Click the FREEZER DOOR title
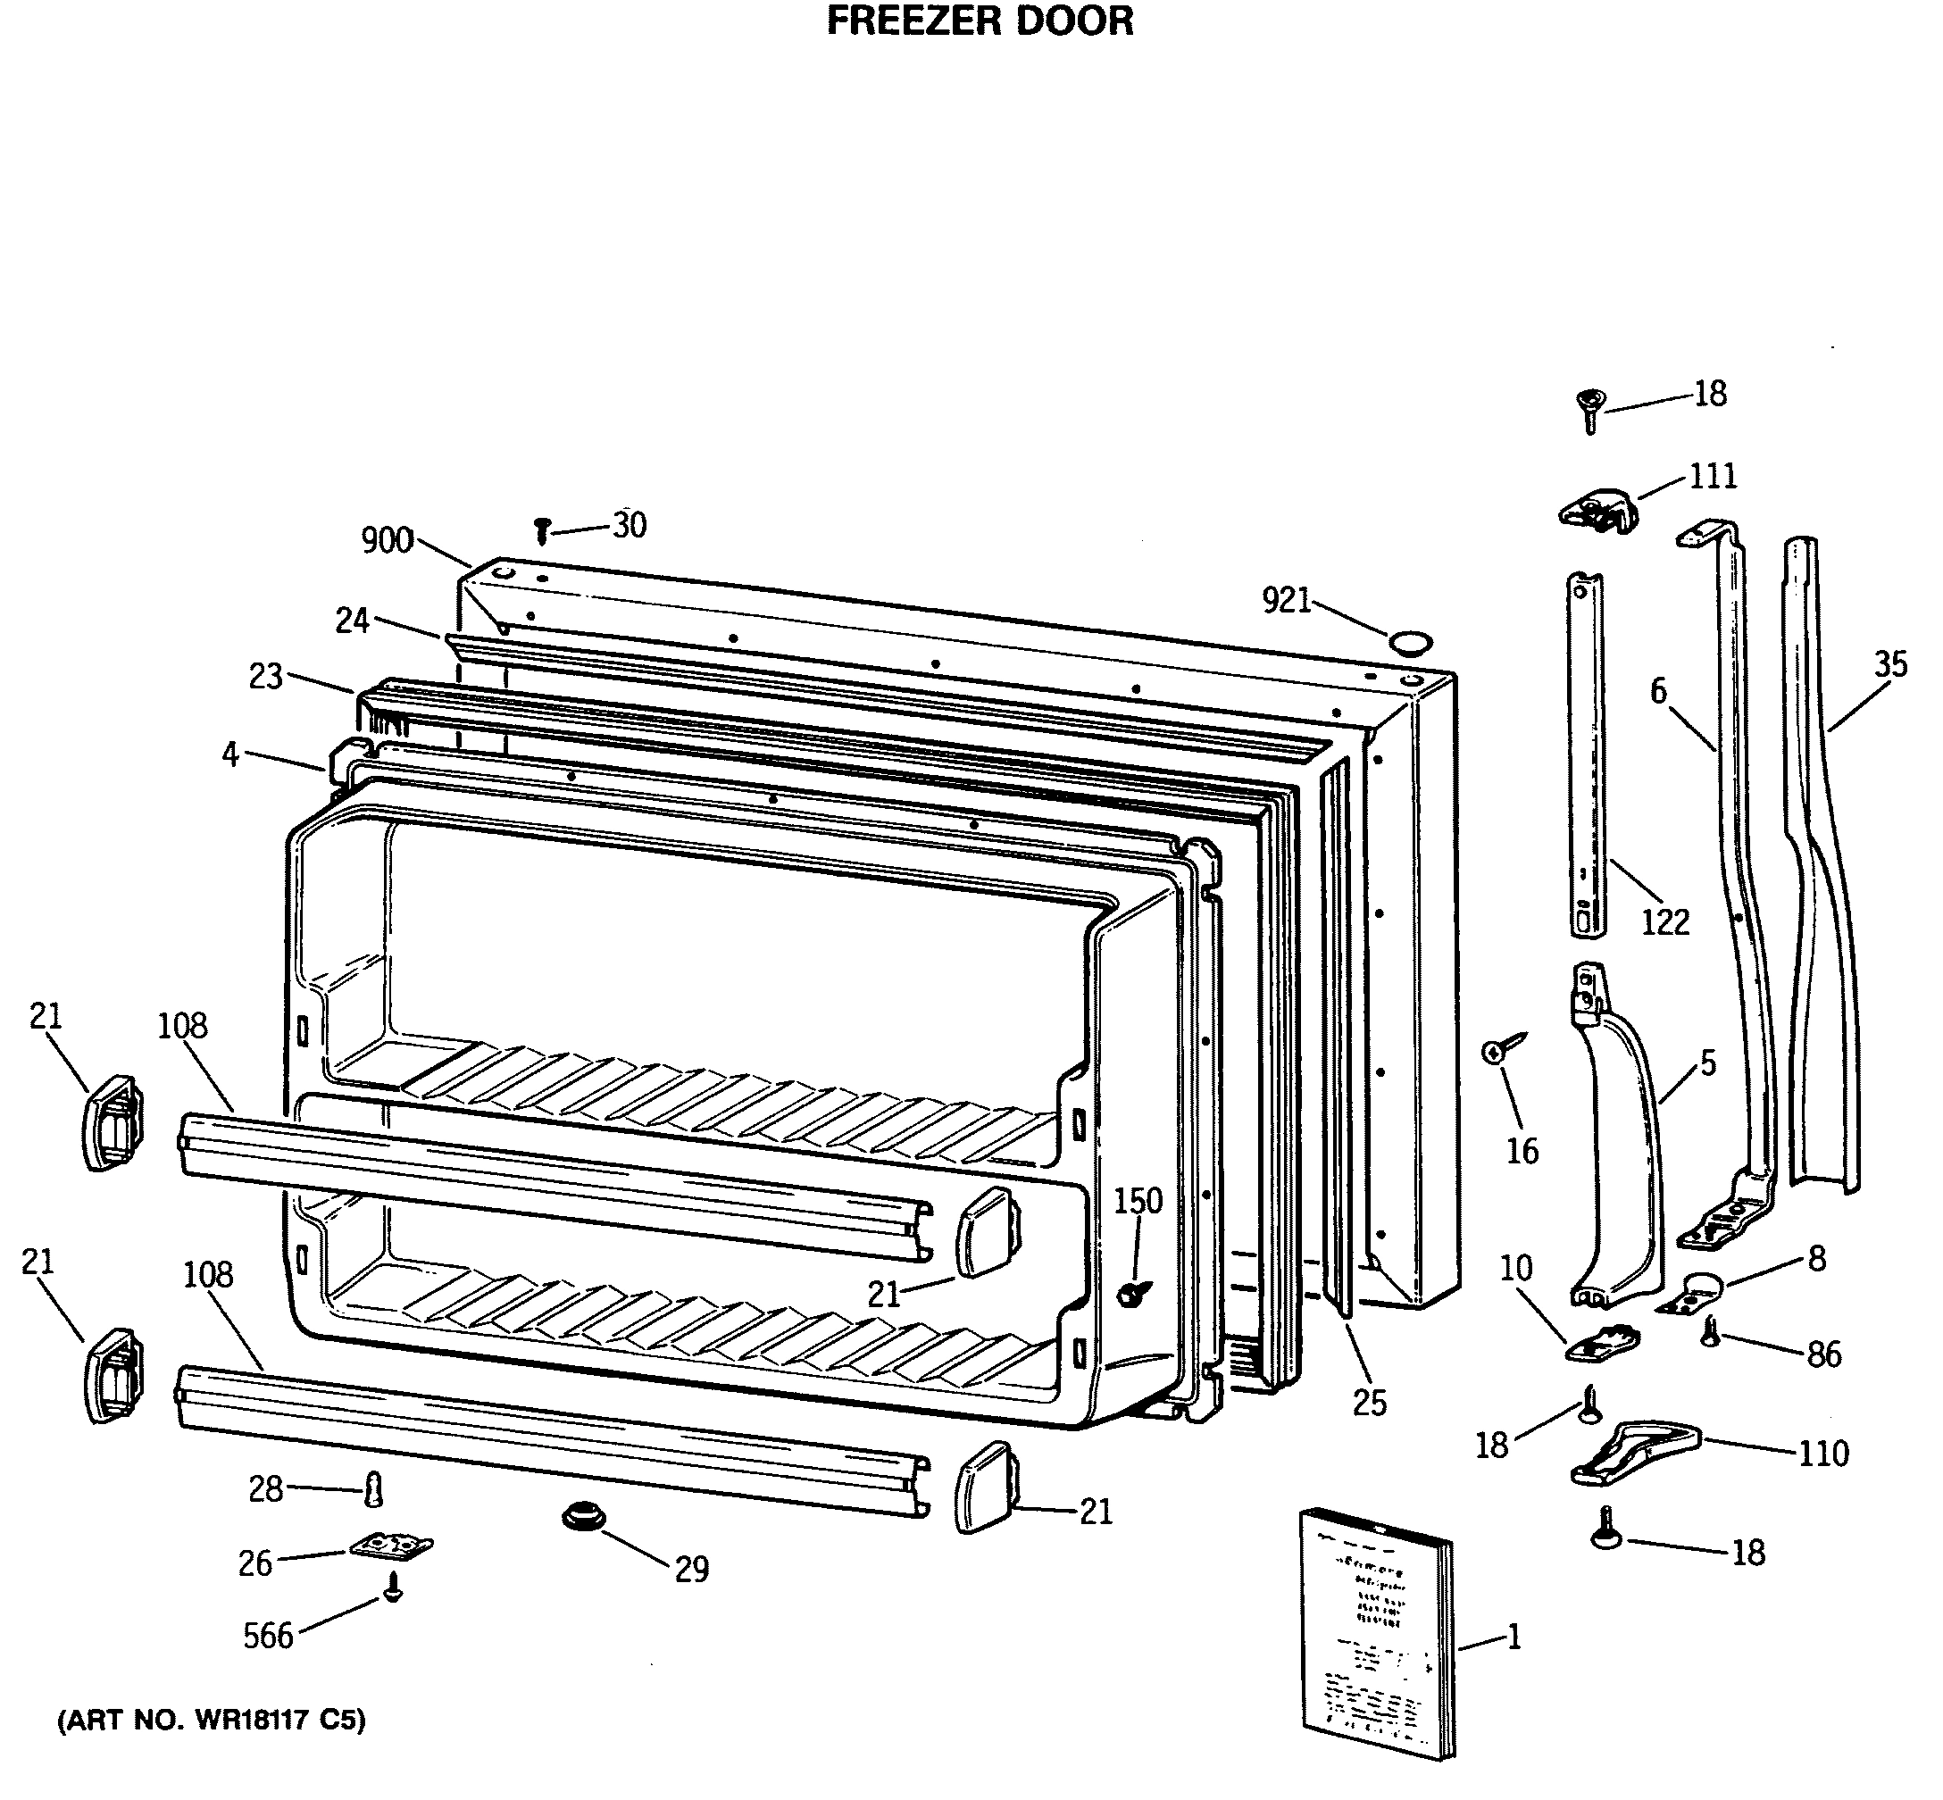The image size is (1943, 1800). tap(980, 21)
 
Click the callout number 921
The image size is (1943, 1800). tap(1287, 601)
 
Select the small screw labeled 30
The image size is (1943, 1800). tap(543, 529)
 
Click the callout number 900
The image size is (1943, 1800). tap(387, 540)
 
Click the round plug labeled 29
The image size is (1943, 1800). tap(583, 1517)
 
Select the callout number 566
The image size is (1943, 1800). tap(268, 1636)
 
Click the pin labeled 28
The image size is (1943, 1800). tap(373, 1489)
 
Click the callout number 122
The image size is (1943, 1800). tap(1664, 921)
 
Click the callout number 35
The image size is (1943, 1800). tap(1889, 664)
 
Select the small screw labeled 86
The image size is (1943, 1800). tap(1710, 1331)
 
